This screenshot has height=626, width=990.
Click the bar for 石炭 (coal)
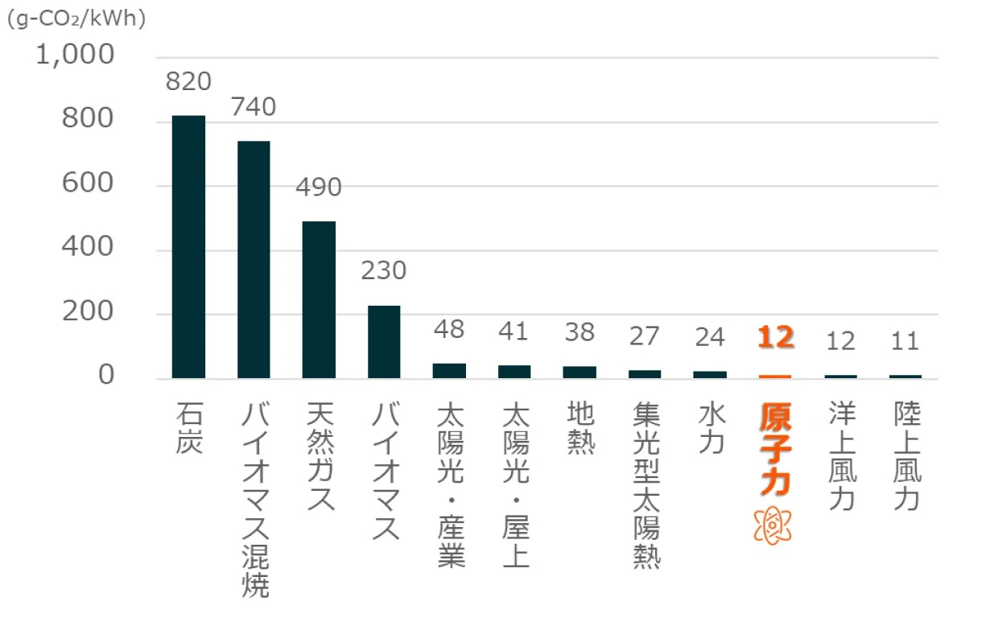pyautogui.click(x=188, y=247)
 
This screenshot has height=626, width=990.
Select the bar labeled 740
pyautogui.click(x=254, y=260)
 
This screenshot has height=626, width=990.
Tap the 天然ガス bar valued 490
pyautogui.click(x=319, y=300)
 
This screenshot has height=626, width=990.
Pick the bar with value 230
pyautogui.click(x=384, y=342)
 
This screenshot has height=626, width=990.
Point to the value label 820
pyautogui.click(x=188, y=82)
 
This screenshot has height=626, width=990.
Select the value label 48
pyautogui.click(x=449, y=331)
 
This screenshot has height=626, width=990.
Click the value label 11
pyautogui.click(x=905, y=341)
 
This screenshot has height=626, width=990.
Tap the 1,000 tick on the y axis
pyautogui.click(x=75, y=57)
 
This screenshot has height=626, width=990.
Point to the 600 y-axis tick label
pyautogui.click(x=89, y=185)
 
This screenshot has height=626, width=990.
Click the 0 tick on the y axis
pyautogui.click(x=105, y=377)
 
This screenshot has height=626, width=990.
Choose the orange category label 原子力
pyautogui.click(x=774, y=449)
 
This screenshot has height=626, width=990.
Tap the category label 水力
pyautogui.click(x=711, y=429)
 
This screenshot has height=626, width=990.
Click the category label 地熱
pyautogui.click(x=580, y=429)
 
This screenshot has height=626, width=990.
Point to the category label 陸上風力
pyautogui.click(x=906, y=456)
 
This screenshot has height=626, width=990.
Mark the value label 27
pyautogui.click(x=645, y=336)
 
